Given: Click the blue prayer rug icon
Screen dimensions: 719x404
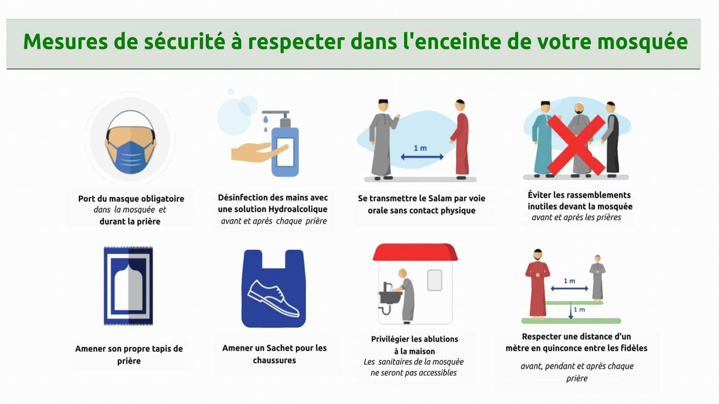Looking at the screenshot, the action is tap(128, 286).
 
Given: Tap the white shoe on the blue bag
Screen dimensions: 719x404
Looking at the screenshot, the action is tap(274, 298).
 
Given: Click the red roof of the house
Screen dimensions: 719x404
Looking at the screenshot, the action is tap(415, 252).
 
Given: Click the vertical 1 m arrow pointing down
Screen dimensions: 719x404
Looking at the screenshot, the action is tap(571, 310).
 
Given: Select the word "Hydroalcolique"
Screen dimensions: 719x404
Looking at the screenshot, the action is tap(298, 209).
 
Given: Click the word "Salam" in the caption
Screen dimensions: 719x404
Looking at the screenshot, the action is tap(440, 198).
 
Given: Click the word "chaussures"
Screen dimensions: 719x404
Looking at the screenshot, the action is tap(274, 360).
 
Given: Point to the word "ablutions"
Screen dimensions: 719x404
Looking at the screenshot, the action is tap(440, 339).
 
